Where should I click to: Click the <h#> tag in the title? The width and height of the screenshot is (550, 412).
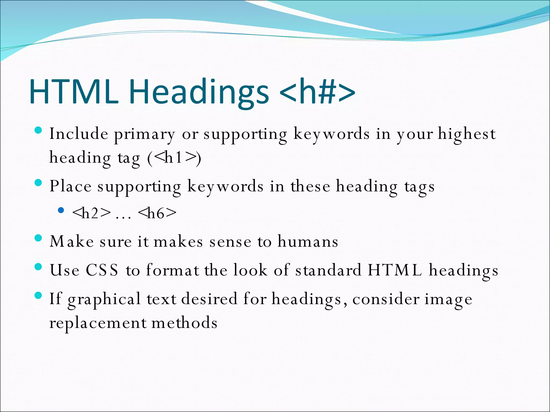(x=317, y=91)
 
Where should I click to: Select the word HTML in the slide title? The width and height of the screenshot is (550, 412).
(x=74, y=91)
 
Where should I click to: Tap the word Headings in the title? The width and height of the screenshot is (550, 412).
(x=199, y=93)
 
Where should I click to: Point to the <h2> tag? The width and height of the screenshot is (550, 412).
(x=92, y=213)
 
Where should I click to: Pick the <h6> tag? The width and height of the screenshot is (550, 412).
(x=157, y=213)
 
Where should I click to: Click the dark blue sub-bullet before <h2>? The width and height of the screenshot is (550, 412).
(x=61, y=210)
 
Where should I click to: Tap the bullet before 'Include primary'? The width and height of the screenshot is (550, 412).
(x=39, y=131)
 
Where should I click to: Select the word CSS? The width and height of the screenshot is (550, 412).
(x=102, y=270)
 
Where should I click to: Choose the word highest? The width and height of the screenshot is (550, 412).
(x=467, y=134)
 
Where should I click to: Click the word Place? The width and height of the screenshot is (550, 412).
(x=70, y=186)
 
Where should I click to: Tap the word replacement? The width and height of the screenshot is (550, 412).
(x=98, y=323)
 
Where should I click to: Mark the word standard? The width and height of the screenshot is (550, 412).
(x=328, y=270)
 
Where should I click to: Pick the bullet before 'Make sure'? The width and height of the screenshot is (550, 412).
(x=39, y=238)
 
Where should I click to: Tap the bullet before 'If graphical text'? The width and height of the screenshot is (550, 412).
(x=39, y=296)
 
